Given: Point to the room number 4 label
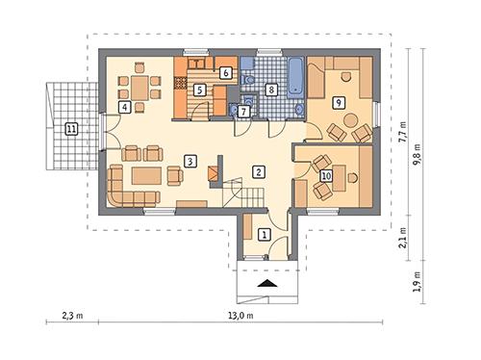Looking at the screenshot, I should click(125, 107).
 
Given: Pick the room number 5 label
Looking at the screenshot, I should click(199, 90).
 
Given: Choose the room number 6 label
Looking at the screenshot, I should click(224, 72).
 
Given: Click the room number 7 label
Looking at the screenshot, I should click(243, 112).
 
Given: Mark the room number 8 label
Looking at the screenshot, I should click(272, 90).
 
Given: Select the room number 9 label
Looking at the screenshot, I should click(337, 102).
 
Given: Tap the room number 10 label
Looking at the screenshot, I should click(326, 175).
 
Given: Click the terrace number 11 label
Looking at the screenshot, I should click(70, 128).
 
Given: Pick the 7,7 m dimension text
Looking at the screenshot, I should click(402, 129).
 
